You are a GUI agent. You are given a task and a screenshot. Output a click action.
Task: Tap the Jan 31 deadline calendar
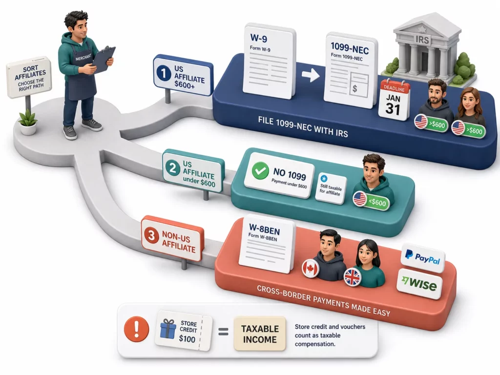click(x=395, y=100)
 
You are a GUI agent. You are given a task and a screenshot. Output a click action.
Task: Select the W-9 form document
click(x=269, y=61)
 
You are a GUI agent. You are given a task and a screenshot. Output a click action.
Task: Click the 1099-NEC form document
click(x=351, y=70)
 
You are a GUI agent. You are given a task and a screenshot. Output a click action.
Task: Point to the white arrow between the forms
click(x=310, y=75)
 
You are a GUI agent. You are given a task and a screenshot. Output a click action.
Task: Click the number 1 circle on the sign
click(x=164, y=73)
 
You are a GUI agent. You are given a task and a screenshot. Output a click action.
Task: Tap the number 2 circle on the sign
click(x=172, y=168)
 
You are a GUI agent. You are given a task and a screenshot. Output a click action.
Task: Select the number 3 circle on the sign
click(x=151, y=236)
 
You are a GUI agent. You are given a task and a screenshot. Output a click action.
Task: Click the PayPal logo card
click(x=422, y=258)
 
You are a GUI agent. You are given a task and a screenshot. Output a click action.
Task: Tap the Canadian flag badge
click(x=310, y=268)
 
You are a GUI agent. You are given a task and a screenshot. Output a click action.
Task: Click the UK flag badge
click(x=353, y=277)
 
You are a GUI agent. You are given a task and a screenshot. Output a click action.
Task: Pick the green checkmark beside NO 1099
click(x=260, y=170)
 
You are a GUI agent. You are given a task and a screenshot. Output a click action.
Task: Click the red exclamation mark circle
click(x=137, y=329)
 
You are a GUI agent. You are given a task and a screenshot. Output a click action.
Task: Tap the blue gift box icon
click(x=168, y=329)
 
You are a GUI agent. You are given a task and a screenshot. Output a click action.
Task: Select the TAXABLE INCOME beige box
click(x=260, y=334)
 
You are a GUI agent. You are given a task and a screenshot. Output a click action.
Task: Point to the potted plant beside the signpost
click(x=28, y=122)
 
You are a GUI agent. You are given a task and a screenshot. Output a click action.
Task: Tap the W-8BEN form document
click(x=267, y=244)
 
